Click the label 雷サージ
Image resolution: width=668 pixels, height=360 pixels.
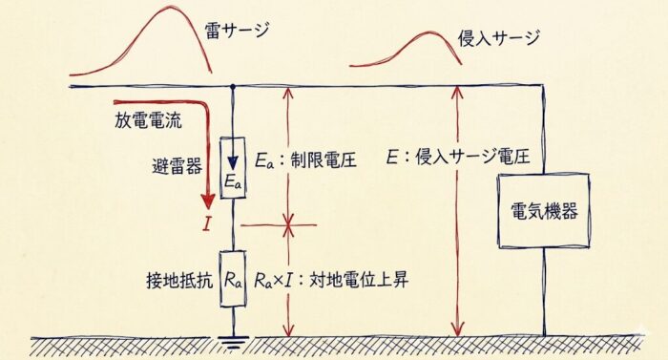click(237, 32)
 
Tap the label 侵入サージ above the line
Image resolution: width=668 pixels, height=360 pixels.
click(499, 38)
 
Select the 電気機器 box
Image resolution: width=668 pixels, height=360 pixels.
click(544, 211)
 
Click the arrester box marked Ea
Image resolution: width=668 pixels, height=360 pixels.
click(233, 168)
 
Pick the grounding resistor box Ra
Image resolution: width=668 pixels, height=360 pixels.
click(233, 279)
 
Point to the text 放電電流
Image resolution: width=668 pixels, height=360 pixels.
click(148, 120)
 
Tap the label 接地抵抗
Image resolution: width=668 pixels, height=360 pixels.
click(179, 280)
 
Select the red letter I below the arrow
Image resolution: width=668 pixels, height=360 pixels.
click(207, 223)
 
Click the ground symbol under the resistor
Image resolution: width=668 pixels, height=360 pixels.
click(233, 342)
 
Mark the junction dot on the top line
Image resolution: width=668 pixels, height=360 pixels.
click(233, 87)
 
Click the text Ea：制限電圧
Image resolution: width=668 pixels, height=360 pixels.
click(305, 160)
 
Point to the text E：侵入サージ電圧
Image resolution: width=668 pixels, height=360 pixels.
click(458, 158)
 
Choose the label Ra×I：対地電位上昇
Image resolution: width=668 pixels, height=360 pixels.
click(331, 280)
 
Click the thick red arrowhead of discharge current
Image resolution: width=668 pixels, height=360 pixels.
click(208, 200)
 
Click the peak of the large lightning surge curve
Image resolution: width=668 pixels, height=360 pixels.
click(171, 7)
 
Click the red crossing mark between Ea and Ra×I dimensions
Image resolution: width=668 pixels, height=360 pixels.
click(289, 224)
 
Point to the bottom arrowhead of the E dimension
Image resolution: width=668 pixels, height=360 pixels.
click(458, 329)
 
